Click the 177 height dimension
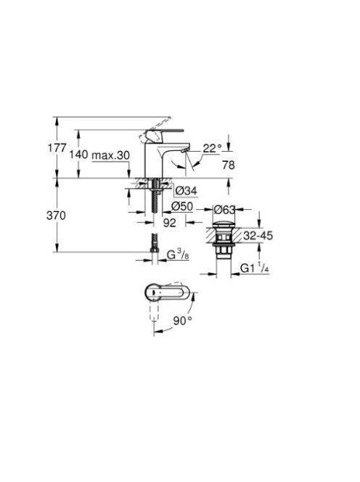57,148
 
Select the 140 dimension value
78,155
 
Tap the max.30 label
110,155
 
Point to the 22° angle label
212,149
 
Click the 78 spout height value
229,166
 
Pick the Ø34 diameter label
186,191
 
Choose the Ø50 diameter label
182,206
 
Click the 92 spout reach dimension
169,223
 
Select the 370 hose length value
56,216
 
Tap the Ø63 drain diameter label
224,210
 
